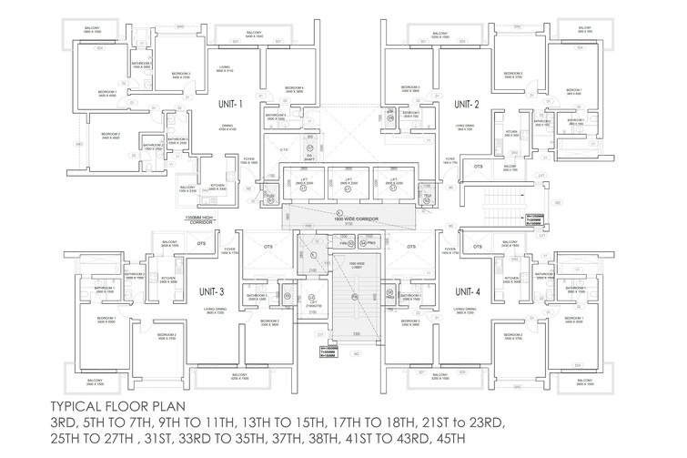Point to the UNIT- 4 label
[467, 290]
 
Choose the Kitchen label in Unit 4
[512, 280]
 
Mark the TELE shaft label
[427, 195]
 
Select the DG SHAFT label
[310, 156]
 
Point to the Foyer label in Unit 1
[248, 158]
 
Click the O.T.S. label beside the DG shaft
[284, 148]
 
